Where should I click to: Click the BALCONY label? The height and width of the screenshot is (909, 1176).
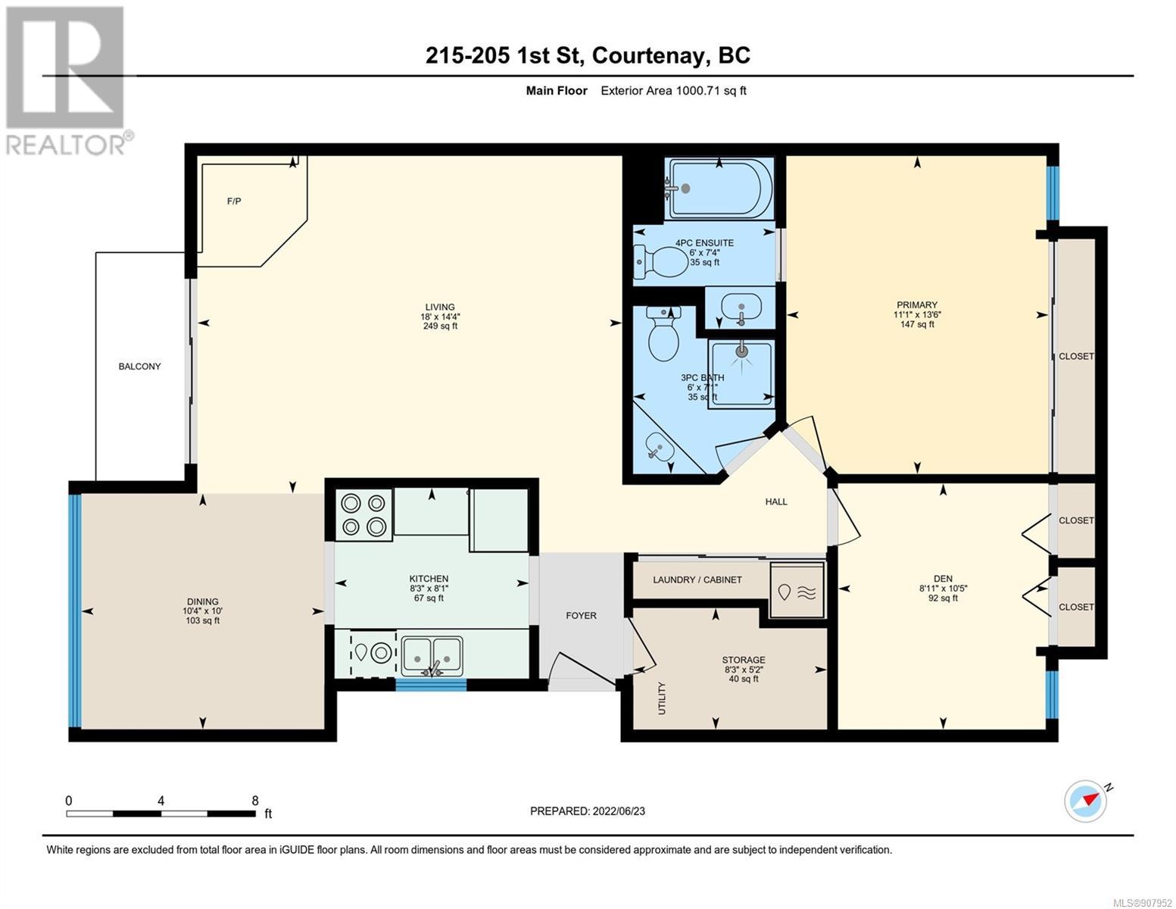(139, 367)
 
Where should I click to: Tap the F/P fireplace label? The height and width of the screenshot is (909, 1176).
(234, 201)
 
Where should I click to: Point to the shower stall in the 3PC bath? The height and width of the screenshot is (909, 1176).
(741, 373)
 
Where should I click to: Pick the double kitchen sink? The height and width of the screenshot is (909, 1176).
(432, 656)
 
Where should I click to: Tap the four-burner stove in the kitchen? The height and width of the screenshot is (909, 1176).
(363, 515)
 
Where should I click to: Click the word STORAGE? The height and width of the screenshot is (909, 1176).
(743, 660)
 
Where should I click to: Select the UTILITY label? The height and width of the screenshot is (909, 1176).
(661, 698)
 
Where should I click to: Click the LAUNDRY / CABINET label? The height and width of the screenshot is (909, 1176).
(697, 579)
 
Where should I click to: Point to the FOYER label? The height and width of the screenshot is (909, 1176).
(582, 616)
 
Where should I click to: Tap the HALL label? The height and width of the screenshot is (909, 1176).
(776, 502)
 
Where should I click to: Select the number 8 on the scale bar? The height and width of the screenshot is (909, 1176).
(255, 800)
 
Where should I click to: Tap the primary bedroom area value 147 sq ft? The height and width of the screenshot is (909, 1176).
(917, 324)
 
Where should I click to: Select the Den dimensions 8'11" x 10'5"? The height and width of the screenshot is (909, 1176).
(943, 589)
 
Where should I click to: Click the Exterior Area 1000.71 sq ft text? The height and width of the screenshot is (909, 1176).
(673, 91)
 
